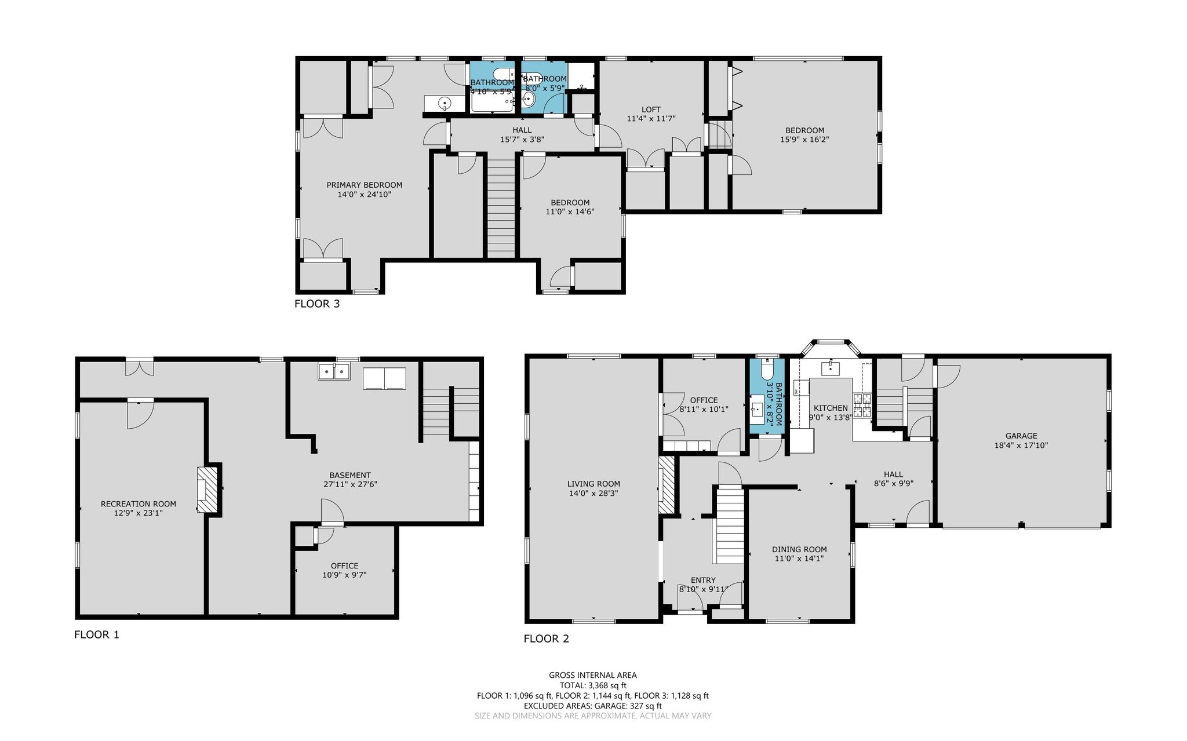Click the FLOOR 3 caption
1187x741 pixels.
click(x=317, y=304)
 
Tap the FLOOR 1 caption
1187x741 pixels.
click(x=97, y=634)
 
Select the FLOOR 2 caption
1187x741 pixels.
click(x=547, y=638)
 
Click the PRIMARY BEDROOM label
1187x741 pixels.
click(x=364, y=185)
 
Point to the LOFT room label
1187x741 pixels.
click(x=651, y=109)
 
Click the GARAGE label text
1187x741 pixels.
click(x=1021, y=436)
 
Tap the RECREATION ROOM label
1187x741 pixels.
click(x=139, y=504)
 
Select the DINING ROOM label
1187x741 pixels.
click(x=799, y=550)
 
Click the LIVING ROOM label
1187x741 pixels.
click(x=593, y=484)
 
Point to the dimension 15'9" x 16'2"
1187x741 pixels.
click(x=804, y=140)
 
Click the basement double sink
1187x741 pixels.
click(x=334, y=371)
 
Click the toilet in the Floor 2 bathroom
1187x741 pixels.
click(x=766, y=367)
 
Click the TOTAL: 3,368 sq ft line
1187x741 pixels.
click(x=593, y=685)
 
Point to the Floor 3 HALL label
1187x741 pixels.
click(x=522, y=130)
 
